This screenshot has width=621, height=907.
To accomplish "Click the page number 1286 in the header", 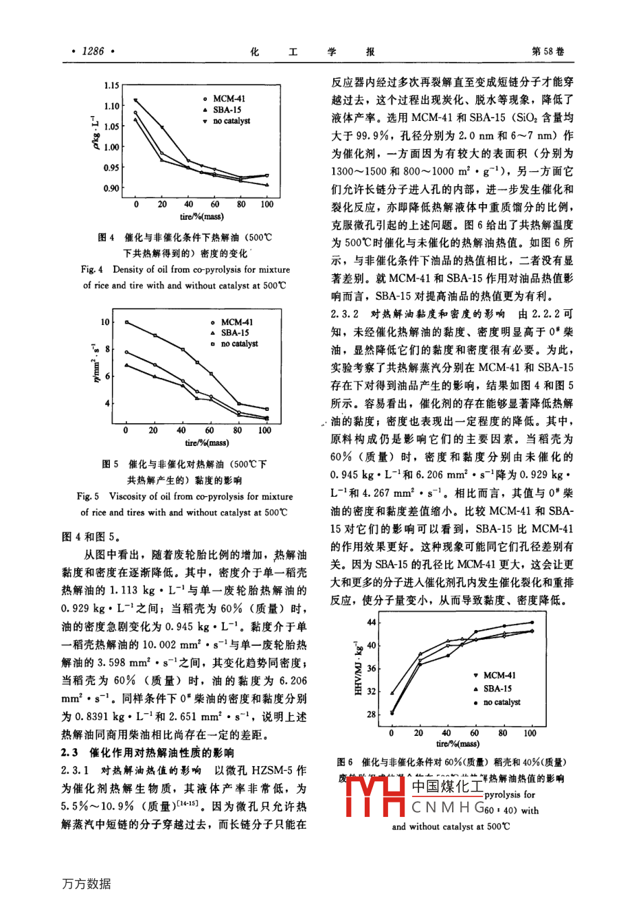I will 93,51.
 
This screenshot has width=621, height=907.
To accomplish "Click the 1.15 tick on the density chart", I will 111,86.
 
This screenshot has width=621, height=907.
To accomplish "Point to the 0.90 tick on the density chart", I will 111,188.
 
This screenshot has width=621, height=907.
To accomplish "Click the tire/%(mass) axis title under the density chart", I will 201,216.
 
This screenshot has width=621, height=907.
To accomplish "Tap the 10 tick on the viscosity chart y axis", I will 105,322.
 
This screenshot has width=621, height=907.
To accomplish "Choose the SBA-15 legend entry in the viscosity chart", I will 235,333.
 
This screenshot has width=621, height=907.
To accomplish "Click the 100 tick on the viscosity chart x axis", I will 264,430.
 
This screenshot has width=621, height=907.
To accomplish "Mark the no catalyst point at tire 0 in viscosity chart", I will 126,322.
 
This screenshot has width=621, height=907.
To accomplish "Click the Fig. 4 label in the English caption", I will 91,270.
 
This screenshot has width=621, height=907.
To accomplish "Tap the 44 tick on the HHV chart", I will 372,623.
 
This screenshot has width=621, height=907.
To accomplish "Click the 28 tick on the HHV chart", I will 372,715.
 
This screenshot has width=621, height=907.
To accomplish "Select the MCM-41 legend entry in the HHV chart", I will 499,675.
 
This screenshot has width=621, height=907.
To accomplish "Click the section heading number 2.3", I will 70,753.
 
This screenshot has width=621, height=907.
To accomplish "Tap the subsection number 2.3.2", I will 345,314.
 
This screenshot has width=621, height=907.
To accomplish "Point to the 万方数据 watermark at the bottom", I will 86,884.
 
